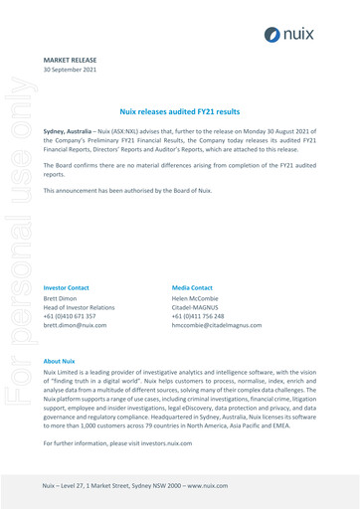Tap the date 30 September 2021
coord(71,71)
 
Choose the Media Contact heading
coord(192,286)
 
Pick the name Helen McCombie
coord(195,297)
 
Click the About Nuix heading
coord(59,360)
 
